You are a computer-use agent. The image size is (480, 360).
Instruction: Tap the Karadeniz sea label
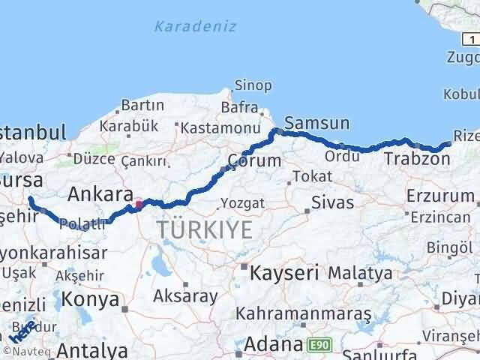[195, 27]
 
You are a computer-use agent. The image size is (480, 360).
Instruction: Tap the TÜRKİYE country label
[204, 229]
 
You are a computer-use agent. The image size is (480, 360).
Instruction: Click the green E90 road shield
[318, 344]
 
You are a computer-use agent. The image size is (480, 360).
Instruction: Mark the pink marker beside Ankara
[138, 203]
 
